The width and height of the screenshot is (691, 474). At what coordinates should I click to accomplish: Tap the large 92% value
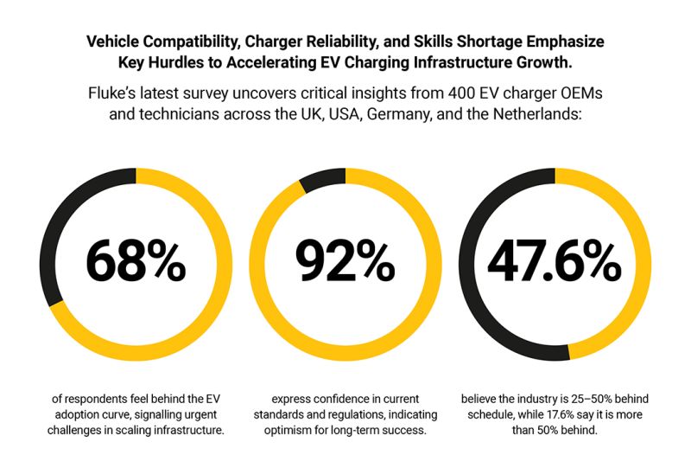coord(345,259)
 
